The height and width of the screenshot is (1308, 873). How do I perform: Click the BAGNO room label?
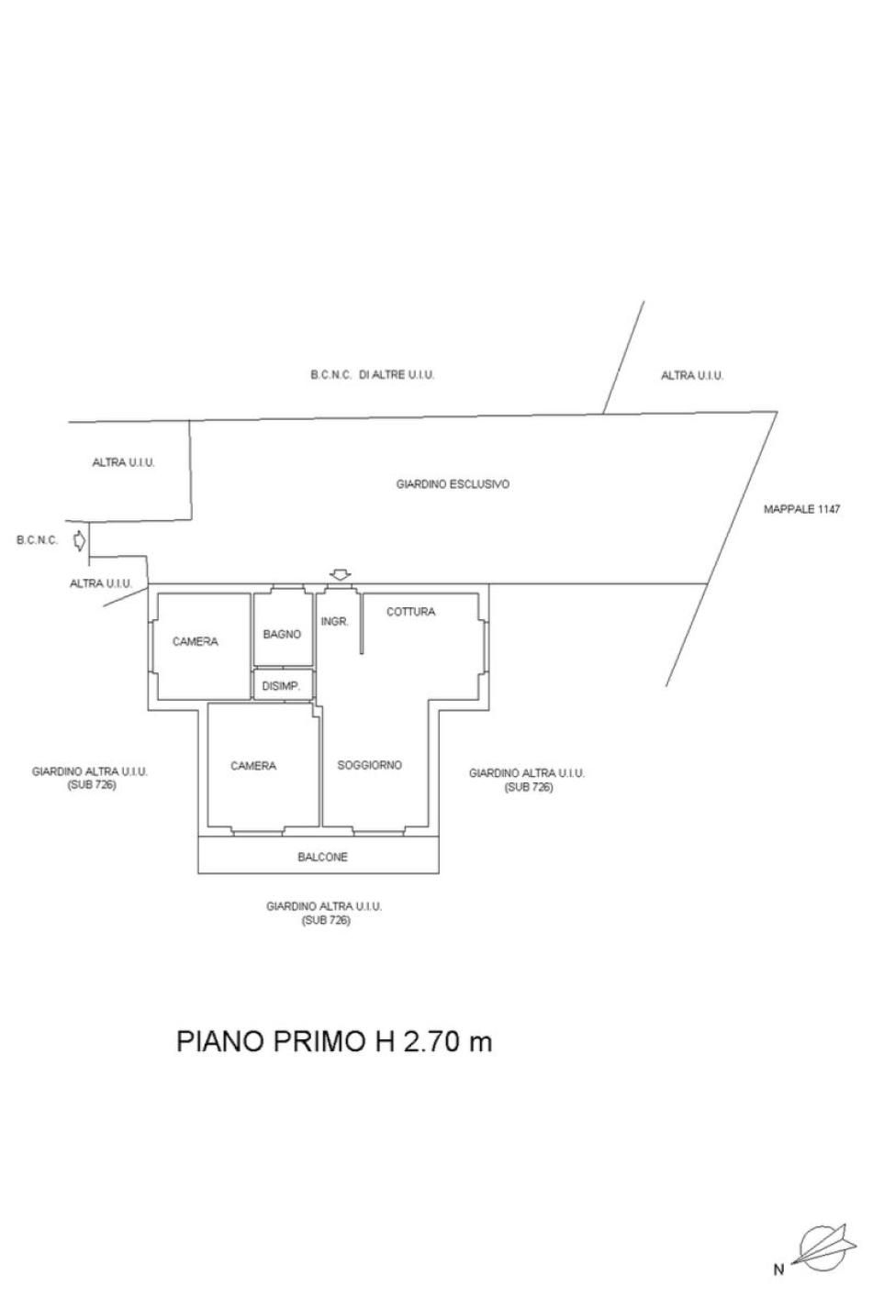point(282,634)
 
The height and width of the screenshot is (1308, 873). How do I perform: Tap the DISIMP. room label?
point(281,686)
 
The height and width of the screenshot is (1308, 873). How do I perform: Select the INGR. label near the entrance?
point(334,621)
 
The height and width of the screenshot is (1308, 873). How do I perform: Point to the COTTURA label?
point(410,612)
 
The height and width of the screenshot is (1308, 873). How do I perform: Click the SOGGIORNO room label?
point(369,765)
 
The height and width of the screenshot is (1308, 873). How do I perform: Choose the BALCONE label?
point(322,857)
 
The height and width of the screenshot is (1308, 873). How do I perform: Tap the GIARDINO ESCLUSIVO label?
point(453,484)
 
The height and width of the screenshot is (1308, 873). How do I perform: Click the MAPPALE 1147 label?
point(801,509)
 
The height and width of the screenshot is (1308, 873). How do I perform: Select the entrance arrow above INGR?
point(340,574)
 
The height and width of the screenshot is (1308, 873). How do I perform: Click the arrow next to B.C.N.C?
point(79,540)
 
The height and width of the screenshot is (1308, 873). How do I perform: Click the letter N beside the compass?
point(779,1269)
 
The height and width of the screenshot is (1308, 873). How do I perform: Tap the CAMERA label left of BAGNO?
point(196,642)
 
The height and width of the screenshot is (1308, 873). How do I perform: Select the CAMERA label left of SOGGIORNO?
point(253,766)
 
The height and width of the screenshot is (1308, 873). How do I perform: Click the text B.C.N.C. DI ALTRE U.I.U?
point(372,375)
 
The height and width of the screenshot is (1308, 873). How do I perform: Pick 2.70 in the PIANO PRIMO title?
point(429,1041)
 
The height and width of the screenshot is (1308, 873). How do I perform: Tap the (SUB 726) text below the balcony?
point(326,920)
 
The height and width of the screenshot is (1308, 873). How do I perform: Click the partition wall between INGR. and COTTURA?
point(362,624)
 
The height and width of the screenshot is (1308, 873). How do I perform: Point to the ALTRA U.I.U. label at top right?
point(692,375)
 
